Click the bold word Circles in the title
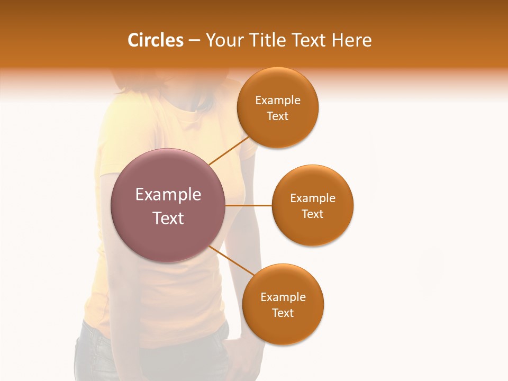[x=156, y=40]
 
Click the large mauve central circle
[x=168, y=205]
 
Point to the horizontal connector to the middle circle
[x=249, y=205]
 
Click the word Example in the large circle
[x=168, y=195]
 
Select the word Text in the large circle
[x=168, y=218]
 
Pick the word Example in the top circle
[x=277, y=101]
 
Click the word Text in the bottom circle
[x=283, y=313]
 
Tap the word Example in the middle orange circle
[x=312, y=198]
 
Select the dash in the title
[x=194, y=40]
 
